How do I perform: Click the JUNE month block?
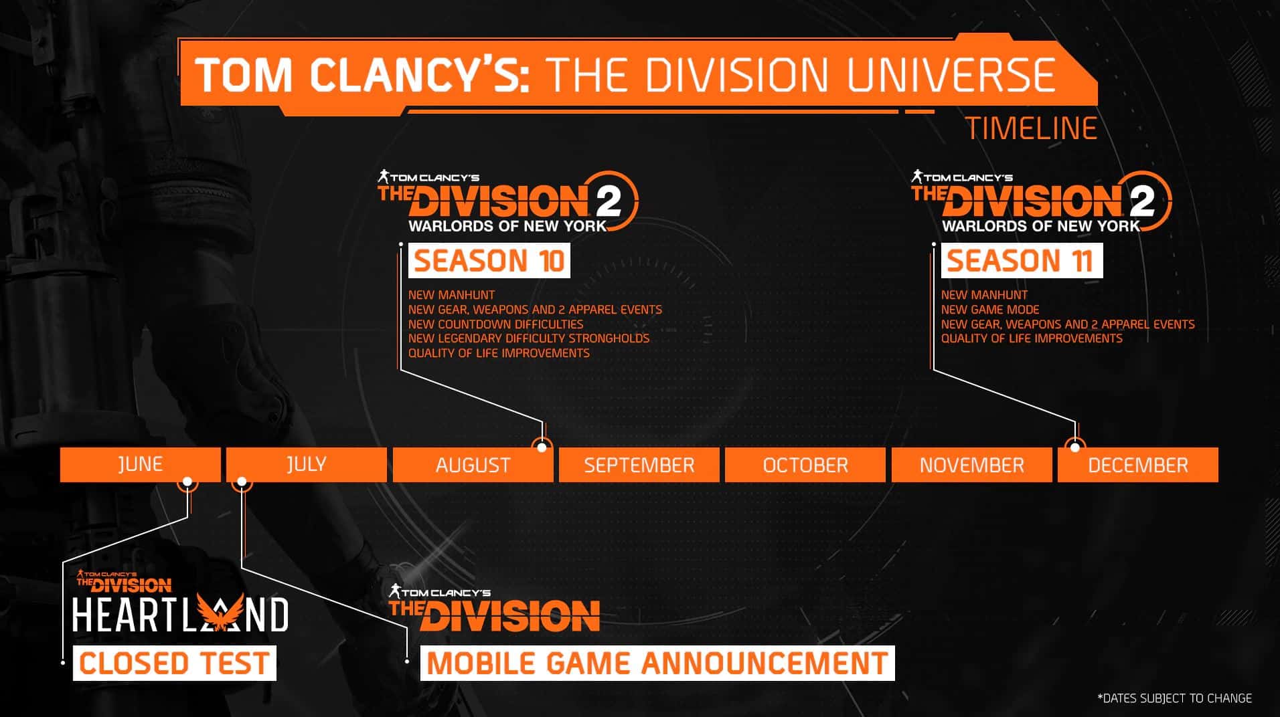(x=140, y=464)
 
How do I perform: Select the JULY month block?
(x=306, y=464)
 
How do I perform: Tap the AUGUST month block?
(x=473, y=465)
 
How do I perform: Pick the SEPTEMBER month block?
(x=639, y=465)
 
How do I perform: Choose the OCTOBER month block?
(x=805, y=465)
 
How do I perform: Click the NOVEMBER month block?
(x=971, y=465)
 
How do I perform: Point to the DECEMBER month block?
(x=1137, y=465)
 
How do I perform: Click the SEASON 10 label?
(x=489, y=261)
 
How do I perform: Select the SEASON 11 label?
(x=1021, y=261)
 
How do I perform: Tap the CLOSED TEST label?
(x=174, y=663)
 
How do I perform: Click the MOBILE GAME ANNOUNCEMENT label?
(x=657, y=663)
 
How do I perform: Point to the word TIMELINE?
(x=1031, y=128)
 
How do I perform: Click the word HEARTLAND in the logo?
(x=179, y=615)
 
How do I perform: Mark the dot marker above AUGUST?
(x=542, y=447)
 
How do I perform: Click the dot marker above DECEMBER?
(x=1075, y=447)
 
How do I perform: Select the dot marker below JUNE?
(x=187, y=482)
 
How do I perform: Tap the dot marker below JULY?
(x=242, y=482)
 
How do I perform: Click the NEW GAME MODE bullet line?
(x=989, y=310)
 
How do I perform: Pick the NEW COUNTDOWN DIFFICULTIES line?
(x=495, y=324)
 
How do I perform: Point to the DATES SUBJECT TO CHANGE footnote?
(x=1174, y=698)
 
